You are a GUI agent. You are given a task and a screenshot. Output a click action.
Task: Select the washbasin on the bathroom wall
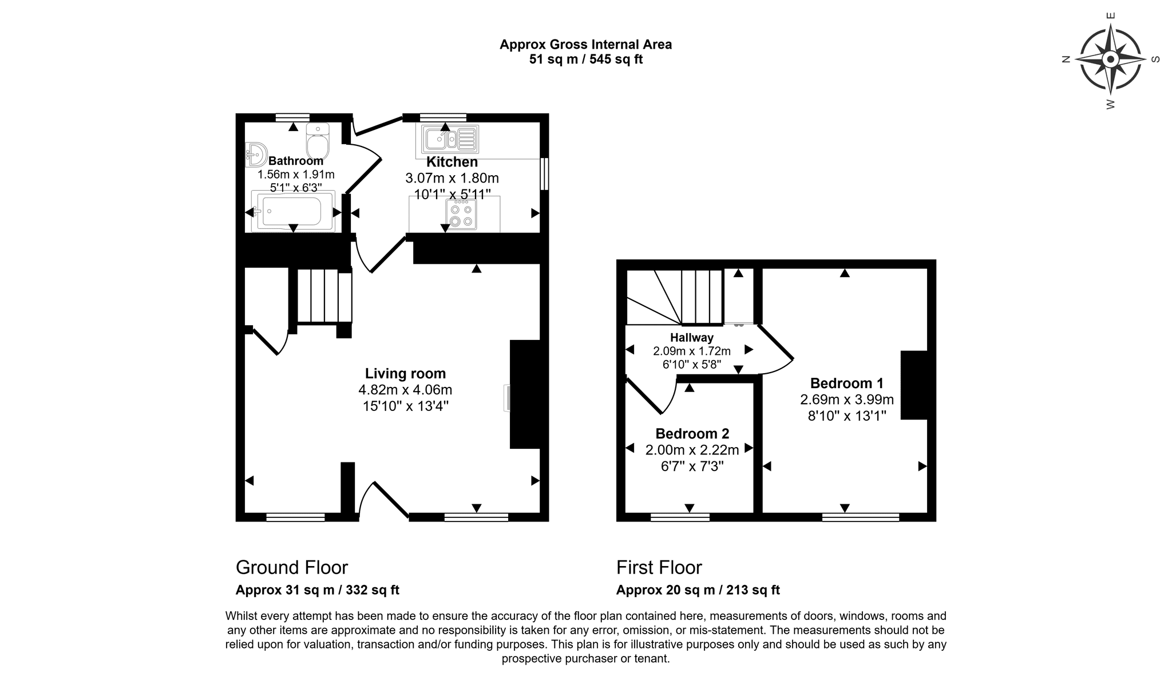(x=256, y=155)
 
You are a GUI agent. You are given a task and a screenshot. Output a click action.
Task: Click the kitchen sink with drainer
(x=450, y=139)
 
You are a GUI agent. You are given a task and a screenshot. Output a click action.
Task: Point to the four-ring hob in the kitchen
(x=461, y=215)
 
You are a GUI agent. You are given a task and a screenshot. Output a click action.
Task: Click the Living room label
(x=405, y=374)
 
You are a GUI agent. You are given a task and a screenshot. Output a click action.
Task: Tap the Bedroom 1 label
(x=847, y=383)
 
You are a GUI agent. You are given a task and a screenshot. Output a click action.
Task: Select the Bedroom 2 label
(x=692, y=434)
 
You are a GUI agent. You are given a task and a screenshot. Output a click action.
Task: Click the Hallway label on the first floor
(x=692, y=338)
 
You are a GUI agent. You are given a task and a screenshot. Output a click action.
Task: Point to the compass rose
(x=1110, y=60)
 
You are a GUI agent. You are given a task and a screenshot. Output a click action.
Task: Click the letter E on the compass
(x=1111, y=16)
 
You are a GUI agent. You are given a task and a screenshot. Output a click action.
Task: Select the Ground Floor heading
(x=292, y=568)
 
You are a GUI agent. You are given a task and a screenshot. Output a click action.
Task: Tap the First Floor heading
(x=659, y=568)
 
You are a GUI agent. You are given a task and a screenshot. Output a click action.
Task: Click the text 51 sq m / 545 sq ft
(x=586, y=60)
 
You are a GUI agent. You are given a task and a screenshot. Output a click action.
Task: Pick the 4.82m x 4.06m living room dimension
(x=405, y=390)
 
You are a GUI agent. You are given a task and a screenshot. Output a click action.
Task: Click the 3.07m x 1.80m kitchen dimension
(x=452, y=178)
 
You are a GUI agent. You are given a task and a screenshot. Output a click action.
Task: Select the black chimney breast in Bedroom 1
(x=914, y=385)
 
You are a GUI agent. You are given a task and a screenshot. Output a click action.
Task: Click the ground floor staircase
(x=324, y=296)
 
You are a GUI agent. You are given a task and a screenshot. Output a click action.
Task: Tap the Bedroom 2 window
(x=680, y=517)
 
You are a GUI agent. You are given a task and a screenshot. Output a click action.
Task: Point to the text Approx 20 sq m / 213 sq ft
(x=698, y=590)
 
